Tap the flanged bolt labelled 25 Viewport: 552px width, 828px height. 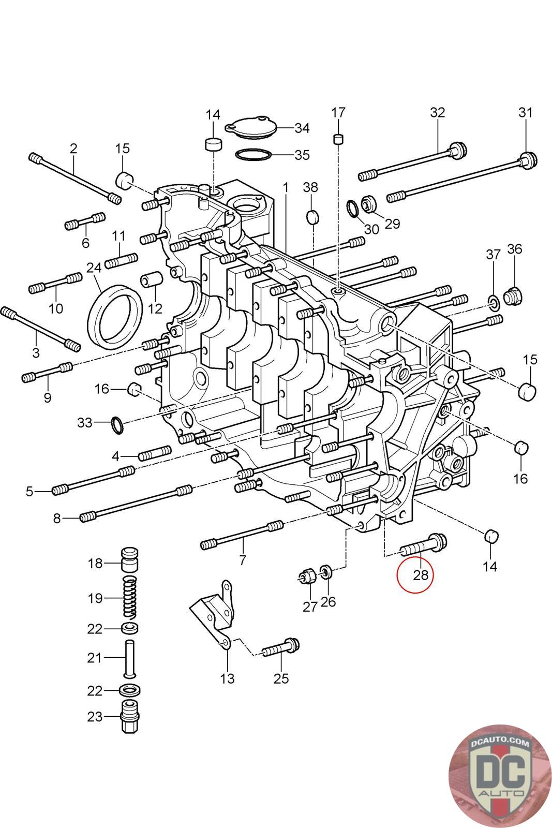click(281, 647)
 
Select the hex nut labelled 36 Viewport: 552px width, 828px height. click(514, 296)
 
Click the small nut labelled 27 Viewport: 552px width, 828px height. click(307, 575)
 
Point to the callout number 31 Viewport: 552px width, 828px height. click(525, 112)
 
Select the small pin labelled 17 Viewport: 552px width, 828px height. click(338, 139)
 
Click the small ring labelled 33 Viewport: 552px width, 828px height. click(118, 425)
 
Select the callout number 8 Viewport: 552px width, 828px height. click(57, 518)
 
